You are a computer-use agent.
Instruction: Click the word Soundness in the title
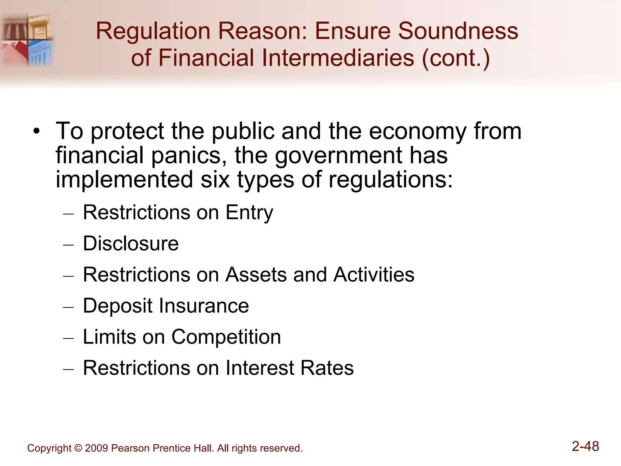(x=458, y=31)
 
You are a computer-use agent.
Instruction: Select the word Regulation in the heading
(x=153, y=32)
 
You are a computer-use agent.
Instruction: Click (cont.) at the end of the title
(x=456, y=58)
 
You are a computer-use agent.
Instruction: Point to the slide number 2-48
(x=585, y=446)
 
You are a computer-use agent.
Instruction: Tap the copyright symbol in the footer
(x=78, y=448)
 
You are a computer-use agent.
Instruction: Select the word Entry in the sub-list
(x=249, y=213)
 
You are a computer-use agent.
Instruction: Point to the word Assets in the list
(x=256, y=275)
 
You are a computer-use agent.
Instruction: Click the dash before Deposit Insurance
(x=69, y=307)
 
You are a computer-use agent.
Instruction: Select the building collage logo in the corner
(x=27, y=39)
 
